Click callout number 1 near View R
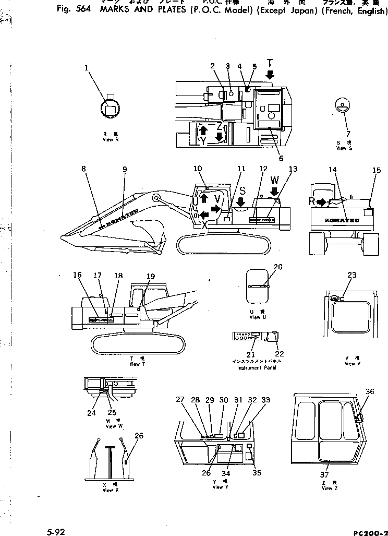[x=87, y=67]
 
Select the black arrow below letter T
[x=270, y=76]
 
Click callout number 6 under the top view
[x=281, y=158]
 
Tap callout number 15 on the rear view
[x=377, y=171]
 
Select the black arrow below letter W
[x=274, y=192]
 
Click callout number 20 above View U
[x=278, y=267]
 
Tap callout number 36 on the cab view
[x=370, y=391]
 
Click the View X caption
[x=107, y=490]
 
